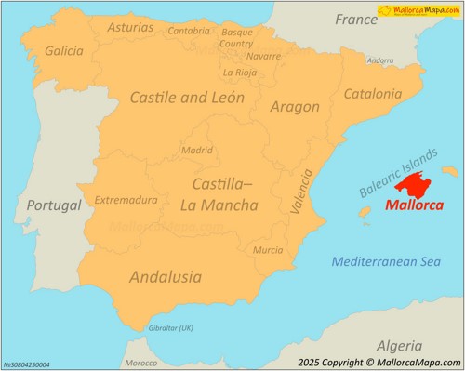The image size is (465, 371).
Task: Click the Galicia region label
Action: tap(63, 51)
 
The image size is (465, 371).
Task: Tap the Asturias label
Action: tap(131, 28)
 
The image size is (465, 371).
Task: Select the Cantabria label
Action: tap(189, 31)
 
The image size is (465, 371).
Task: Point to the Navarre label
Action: tap(263, 56)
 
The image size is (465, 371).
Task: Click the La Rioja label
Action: tap(239, 72)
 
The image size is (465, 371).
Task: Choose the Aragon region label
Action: tap(294, 107)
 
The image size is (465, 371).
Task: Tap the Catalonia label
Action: tap(372, 94)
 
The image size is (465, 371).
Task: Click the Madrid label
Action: tap(196, 150)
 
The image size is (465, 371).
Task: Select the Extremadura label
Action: tap(126, 200)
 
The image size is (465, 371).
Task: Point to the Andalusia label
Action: tap(165, 276)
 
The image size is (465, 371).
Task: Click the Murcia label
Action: tap(268, 250)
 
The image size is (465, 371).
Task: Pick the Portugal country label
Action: tap(53, 205)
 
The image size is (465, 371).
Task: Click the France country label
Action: tap(356, 20)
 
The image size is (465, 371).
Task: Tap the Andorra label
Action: tap(380, 60)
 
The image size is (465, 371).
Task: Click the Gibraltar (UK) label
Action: tap(170, 328)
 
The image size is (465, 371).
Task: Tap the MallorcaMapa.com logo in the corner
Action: tap(418, 10)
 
